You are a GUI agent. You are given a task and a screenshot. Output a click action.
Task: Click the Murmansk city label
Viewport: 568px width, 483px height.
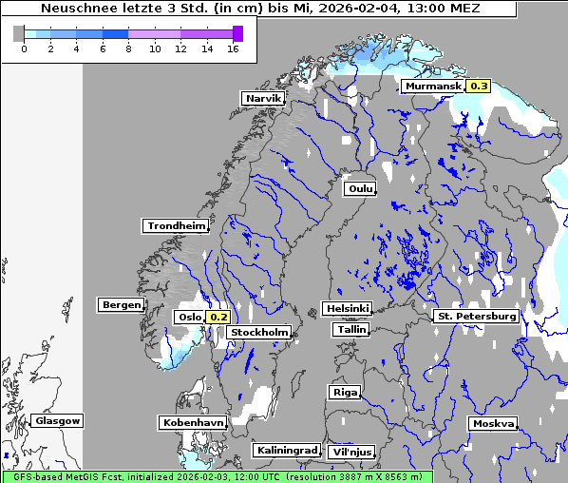tap(433, 87)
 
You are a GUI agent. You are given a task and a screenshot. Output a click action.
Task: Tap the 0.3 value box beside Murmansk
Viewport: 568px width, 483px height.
tap(478, 87)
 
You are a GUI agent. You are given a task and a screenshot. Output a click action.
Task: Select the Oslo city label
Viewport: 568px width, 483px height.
tap(189, 317)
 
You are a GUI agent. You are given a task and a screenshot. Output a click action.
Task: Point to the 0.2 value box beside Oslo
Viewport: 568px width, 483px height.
tap(218, 317)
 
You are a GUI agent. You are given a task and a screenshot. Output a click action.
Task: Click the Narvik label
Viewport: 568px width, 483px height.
tap(263, 98)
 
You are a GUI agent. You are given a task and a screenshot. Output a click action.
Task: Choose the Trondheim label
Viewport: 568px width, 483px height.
tap(176, 225)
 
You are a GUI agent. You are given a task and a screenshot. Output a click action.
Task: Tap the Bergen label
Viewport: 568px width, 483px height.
tap(120, 305)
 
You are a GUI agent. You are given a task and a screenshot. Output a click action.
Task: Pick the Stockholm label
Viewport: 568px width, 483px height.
tap(259, 332)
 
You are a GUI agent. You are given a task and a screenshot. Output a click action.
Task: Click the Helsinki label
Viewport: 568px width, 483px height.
tap(347, 309)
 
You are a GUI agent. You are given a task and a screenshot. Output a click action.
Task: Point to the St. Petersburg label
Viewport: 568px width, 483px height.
tap(475, 316)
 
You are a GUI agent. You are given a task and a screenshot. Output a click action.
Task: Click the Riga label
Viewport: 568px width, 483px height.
tap(344, 392)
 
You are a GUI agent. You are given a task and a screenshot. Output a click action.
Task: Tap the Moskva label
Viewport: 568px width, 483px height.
tap(493, 423)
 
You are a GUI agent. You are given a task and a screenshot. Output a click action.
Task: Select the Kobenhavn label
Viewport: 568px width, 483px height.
tap(193, 421)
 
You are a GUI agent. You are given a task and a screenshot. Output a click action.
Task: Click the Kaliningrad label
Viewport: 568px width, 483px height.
tap(286, 450)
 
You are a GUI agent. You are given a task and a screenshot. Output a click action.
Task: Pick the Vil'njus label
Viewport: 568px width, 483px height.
tap(350, 452)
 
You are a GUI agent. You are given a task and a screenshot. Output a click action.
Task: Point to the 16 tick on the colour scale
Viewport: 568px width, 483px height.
tap(233, 48)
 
